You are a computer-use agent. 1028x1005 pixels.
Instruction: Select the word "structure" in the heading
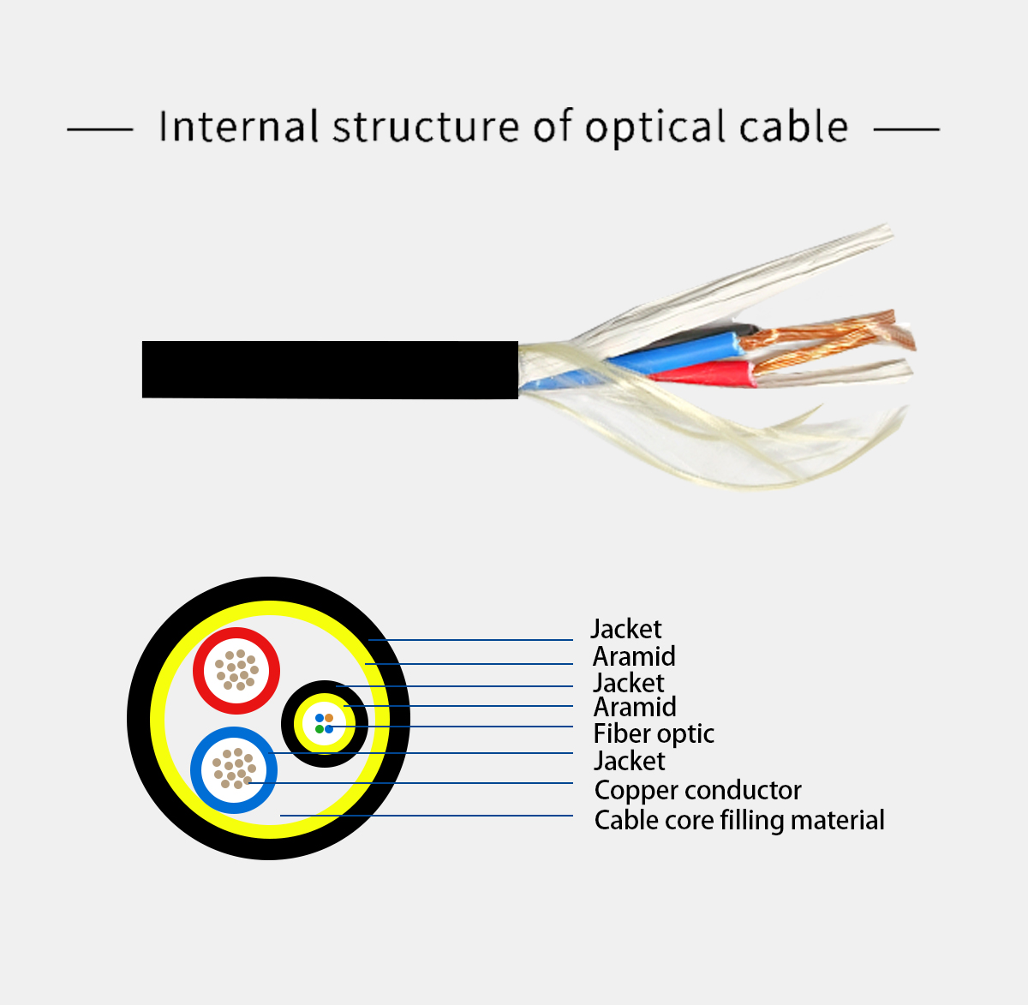pos(426,127)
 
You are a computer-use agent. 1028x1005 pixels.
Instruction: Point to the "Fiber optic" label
pos(654,733)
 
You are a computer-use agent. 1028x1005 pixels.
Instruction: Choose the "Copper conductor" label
pos(698,790)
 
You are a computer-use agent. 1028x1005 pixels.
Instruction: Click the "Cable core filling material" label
pos(739,820)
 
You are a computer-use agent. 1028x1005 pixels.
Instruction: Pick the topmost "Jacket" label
pos(626,629)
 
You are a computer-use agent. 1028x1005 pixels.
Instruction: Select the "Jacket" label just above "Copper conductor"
pos(630,761)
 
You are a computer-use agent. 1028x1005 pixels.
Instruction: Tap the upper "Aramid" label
pos(634,656)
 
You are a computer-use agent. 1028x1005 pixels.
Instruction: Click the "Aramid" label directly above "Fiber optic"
pos(635,707)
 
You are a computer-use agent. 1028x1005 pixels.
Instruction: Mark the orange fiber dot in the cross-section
pos(329,718)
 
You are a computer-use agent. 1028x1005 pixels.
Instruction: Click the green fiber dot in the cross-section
pos(320,729)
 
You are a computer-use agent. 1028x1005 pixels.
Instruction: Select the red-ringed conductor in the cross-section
pos(236,670)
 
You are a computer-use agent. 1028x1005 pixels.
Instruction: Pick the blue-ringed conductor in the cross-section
pos(234,769)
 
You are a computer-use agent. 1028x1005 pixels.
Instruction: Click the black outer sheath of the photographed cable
pos(330,369)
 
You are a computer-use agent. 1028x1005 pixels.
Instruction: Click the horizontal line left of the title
pos(100,129)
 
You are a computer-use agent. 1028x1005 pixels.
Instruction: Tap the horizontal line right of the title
pos(906,129)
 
